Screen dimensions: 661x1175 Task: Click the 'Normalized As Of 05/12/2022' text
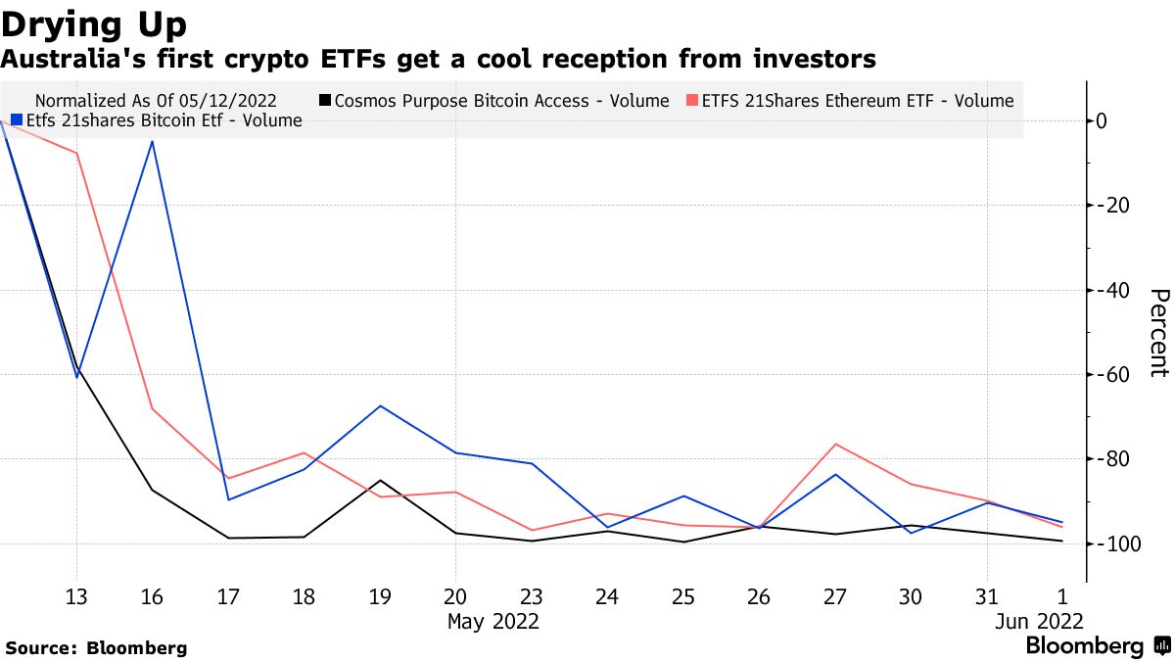[156, 101]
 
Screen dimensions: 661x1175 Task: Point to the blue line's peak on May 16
[152, 141]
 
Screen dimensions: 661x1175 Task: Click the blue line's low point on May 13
[76, 376]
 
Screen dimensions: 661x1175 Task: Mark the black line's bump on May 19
[380, 481]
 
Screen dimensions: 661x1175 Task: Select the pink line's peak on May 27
[835, 444]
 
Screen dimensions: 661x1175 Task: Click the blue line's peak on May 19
[380, 405]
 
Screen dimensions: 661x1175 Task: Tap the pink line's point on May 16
[152, 408]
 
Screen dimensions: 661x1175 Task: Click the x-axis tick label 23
[531, 596]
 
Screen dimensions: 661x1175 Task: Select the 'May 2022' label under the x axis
[493, 621]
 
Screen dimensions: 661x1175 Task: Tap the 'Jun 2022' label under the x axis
[1038, 621]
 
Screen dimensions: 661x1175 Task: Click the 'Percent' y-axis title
[1158, 333]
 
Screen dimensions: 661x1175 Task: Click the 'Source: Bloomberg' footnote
[96, 647]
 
